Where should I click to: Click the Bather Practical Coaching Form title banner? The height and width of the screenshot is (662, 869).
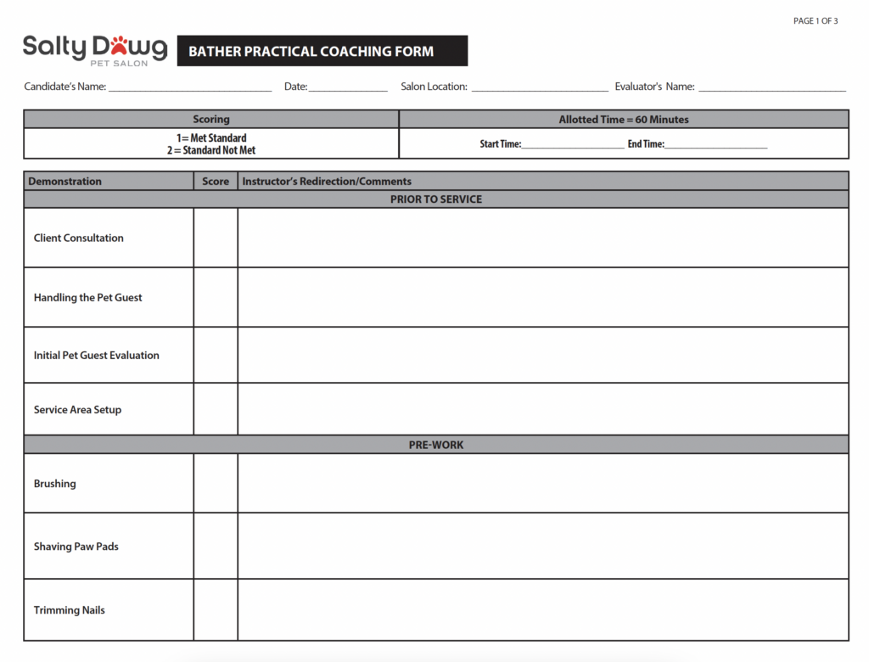(x=322, y=51)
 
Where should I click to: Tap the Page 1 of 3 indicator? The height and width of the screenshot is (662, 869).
(x=815, y=21)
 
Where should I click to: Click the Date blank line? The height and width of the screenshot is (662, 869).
(x=348, y=88)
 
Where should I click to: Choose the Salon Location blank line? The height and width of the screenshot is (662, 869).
(x=540, y=88)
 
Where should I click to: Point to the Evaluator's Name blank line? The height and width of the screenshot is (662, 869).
(x=771, y=88)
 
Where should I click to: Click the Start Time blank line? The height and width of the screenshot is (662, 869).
(x=573, y=146)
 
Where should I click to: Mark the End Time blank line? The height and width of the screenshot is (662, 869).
(x=716, y=146)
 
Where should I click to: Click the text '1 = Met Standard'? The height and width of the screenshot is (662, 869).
(x=211, y=138)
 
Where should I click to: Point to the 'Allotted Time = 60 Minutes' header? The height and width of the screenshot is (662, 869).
(x=624, y=120)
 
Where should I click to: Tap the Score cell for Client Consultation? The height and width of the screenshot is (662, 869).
(x=216, y=238)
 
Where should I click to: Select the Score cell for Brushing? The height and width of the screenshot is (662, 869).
(x=216, y=483)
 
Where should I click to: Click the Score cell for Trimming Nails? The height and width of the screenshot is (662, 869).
(x=216, y=609)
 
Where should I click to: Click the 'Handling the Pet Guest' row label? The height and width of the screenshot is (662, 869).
(x=88, y=298)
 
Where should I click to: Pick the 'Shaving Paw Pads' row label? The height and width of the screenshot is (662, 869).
(x=76, y=547)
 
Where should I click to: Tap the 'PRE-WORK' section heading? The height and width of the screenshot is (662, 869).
(x=436, y=445)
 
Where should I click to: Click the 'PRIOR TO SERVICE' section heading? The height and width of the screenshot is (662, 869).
(x=436, y=199)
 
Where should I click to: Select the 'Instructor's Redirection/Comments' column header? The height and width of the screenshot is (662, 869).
(x=327, y=182)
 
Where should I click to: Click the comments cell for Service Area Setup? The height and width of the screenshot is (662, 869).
(x=543, y=409)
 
